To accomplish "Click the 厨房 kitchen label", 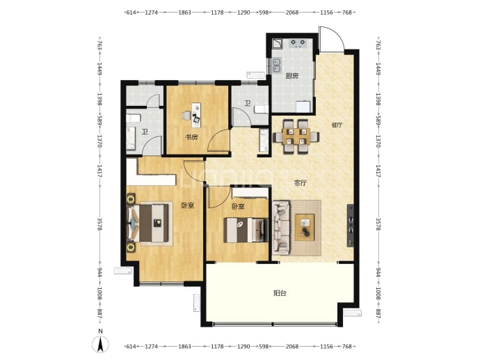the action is (291, 76).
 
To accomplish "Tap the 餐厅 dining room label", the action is (337, 125).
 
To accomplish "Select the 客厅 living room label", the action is (301, 183).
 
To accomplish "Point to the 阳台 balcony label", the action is (280, 293).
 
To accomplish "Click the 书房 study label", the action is (191, 137).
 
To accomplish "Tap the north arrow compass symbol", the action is (100, 344).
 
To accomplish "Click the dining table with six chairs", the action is (296, 136).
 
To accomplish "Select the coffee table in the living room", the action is (305, 227).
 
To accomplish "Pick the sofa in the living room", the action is (281, 228).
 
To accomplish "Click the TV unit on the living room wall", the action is (350, 226).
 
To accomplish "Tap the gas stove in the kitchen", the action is (298, 43).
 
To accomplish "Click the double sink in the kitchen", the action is (277, 65).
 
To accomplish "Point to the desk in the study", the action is (196, 115).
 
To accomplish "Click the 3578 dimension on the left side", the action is (99, 224).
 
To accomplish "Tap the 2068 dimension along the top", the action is (291, 13).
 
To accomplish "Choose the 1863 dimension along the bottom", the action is (184, 347).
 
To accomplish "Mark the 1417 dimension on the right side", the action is (378, 171).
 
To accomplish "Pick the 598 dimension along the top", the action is (264, 13).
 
